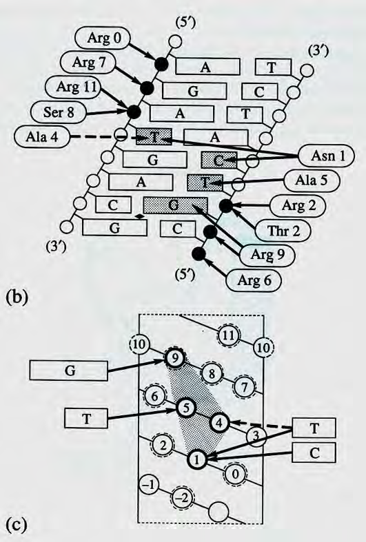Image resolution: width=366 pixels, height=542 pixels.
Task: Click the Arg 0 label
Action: coord(105,38)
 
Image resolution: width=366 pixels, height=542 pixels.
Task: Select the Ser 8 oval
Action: coord(59,112)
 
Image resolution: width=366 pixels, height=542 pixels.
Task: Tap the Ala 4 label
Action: coord(42,136)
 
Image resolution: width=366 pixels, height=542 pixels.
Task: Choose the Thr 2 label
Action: coord(284,231)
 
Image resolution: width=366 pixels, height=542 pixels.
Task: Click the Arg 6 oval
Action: coord(254,280)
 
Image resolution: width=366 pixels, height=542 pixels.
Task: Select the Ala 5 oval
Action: coord(312,180)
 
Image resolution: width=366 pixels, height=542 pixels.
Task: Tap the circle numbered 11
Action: coord(228,335)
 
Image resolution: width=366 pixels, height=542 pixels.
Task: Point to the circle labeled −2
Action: coord(182,498)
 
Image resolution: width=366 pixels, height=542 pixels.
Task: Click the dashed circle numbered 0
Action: coord(235,474)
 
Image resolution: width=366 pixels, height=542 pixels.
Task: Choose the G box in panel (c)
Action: coord(69,371)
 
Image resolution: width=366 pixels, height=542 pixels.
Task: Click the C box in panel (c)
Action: coord(314,452)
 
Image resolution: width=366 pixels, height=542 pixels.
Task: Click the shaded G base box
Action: coord(175,205)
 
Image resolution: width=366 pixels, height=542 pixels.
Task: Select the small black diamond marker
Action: coord(139,217)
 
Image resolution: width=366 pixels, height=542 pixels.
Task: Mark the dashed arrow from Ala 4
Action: coord(103,137)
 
